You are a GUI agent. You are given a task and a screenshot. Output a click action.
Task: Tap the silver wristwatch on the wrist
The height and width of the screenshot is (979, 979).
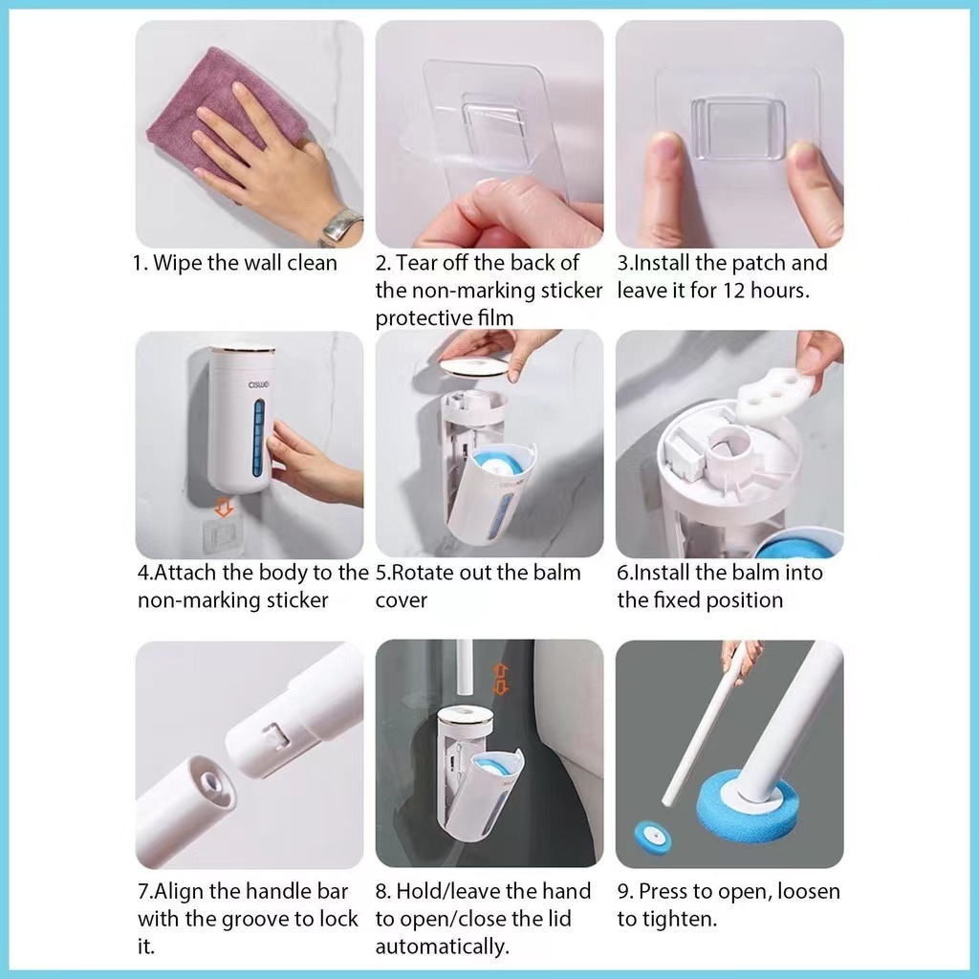tap(341, 225)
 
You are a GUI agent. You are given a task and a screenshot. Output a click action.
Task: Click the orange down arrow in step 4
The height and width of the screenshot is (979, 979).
tap(224, 507)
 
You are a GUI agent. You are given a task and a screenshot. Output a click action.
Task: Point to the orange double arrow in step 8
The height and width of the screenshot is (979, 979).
tap(501, 680)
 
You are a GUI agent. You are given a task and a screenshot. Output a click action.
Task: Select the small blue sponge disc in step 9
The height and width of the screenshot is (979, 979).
tap(652, 838)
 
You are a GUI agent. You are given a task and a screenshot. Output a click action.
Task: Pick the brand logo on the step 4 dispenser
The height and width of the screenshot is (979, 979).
tap(259, 384)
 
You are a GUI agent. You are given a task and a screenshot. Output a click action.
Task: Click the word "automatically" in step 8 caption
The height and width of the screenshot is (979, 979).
tap(442, 946)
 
